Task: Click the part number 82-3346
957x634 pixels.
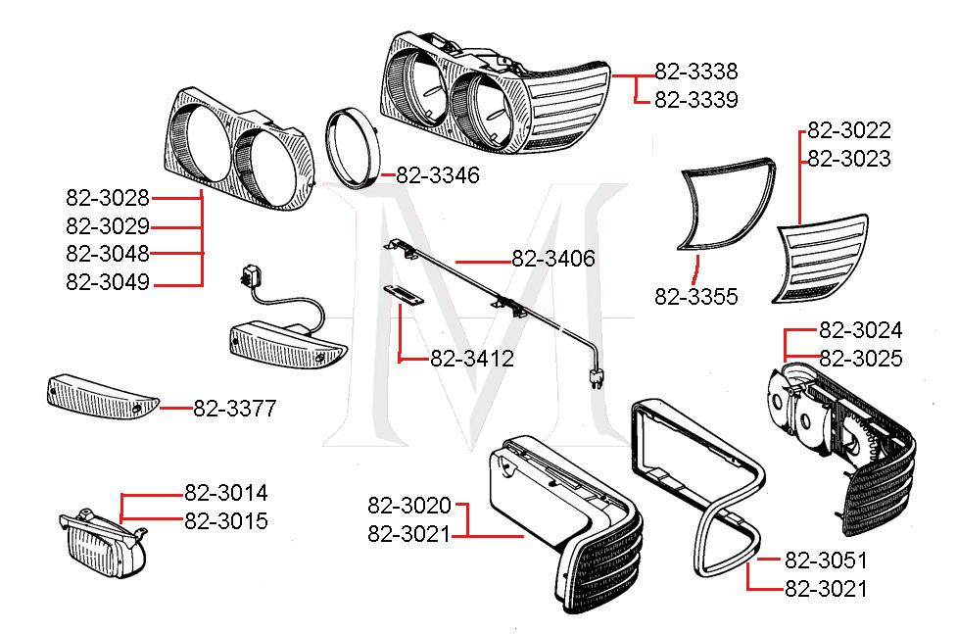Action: tap(438, 175)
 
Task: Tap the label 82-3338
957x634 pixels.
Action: tap(695, 72)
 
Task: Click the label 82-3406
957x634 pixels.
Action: tap(552, 260)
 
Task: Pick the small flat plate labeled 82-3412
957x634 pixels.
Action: tap(402, 294)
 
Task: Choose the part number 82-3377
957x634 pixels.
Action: tap(234, 409)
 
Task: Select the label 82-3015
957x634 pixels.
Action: tap(225, 521)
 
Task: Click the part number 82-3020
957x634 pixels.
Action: tap(409, 506)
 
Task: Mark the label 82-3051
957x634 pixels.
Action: tap(826, 561)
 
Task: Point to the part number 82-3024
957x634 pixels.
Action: tap(860, 330)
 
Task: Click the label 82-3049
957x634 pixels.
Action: tap(108, 282)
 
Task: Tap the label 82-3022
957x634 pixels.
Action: tap(848, 130)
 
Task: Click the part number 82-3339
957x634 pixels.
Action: tap(695, 100)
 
